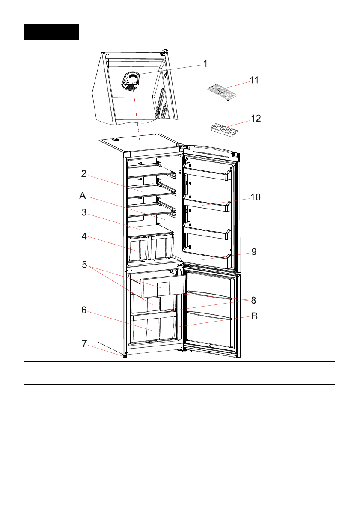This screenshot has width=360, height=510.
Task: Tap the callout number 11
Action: (254, 80)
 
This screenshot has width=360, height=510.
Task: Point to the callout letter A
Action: (83, 196)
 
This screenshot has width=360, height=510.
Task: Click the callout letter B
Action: (254, 317)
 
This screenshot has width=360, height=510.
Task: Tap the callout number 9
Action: (254, 252)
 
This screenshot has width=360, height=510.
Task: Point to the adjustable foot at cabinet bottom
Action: (125, 356)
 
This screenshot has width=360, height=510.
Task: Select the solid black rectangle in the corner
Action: (51, 32)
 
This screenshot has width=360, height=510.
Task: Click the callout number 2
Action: (84, 174)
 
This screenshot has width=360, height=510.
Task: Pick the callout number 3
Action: (84, 212)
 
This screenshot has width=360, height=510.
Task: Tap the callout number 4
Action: (84, 236)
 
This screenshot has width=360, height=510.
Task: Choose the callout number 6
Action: (84, 310)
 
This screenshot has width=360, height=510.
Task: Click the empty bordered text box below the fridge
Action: (179, 373)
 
